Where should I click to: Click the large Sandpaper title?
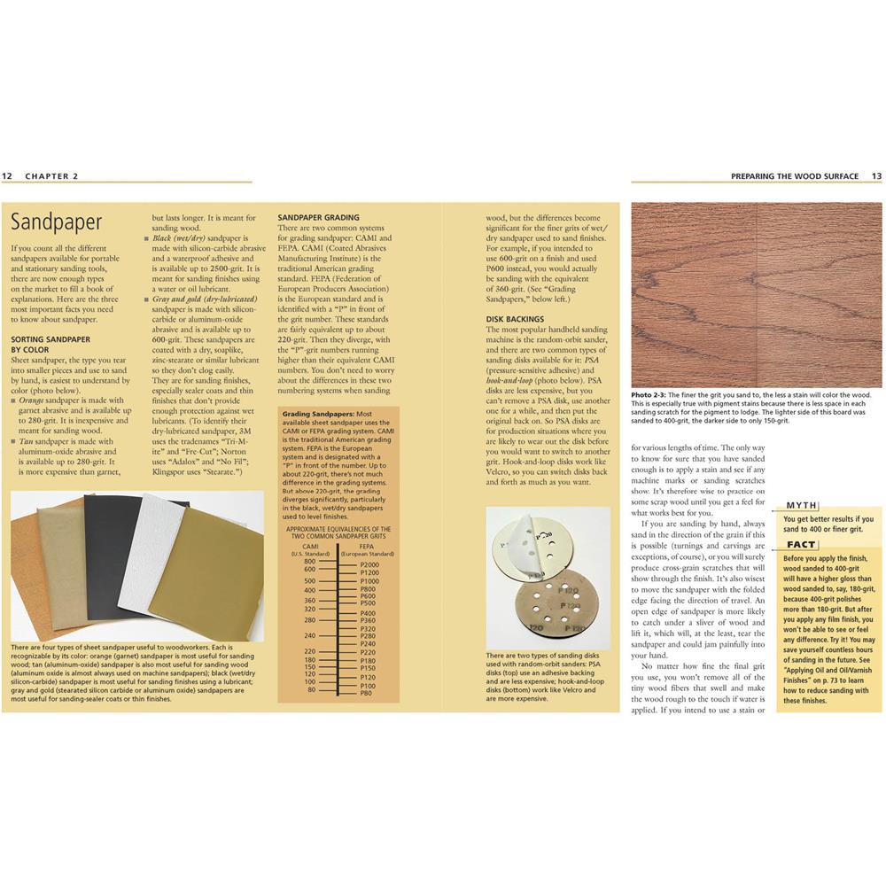click(x=57, y=221)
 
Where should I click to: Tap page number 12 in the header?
click(x=7, y=176)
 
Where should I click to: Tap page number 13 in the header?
click(x=876, y=176)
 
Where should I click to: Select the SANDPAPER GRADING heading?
click(x=318, y=217)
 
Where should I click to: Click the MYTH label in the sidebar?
click(x=802, y=505)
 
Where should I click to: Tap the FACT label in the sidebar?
click(x=801, y=545)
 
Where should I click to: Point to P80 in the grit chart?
click(x=366, y=694)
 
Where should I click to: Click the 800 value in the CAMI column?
click(x=309, y=562)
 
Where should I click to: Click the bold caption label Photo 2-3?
click(x=650, y=394)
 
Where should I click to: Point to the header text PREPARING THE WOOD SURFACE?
click(x=794, y=176)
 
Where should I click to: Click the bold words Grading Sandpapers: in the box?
click(x=318, y=414)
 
